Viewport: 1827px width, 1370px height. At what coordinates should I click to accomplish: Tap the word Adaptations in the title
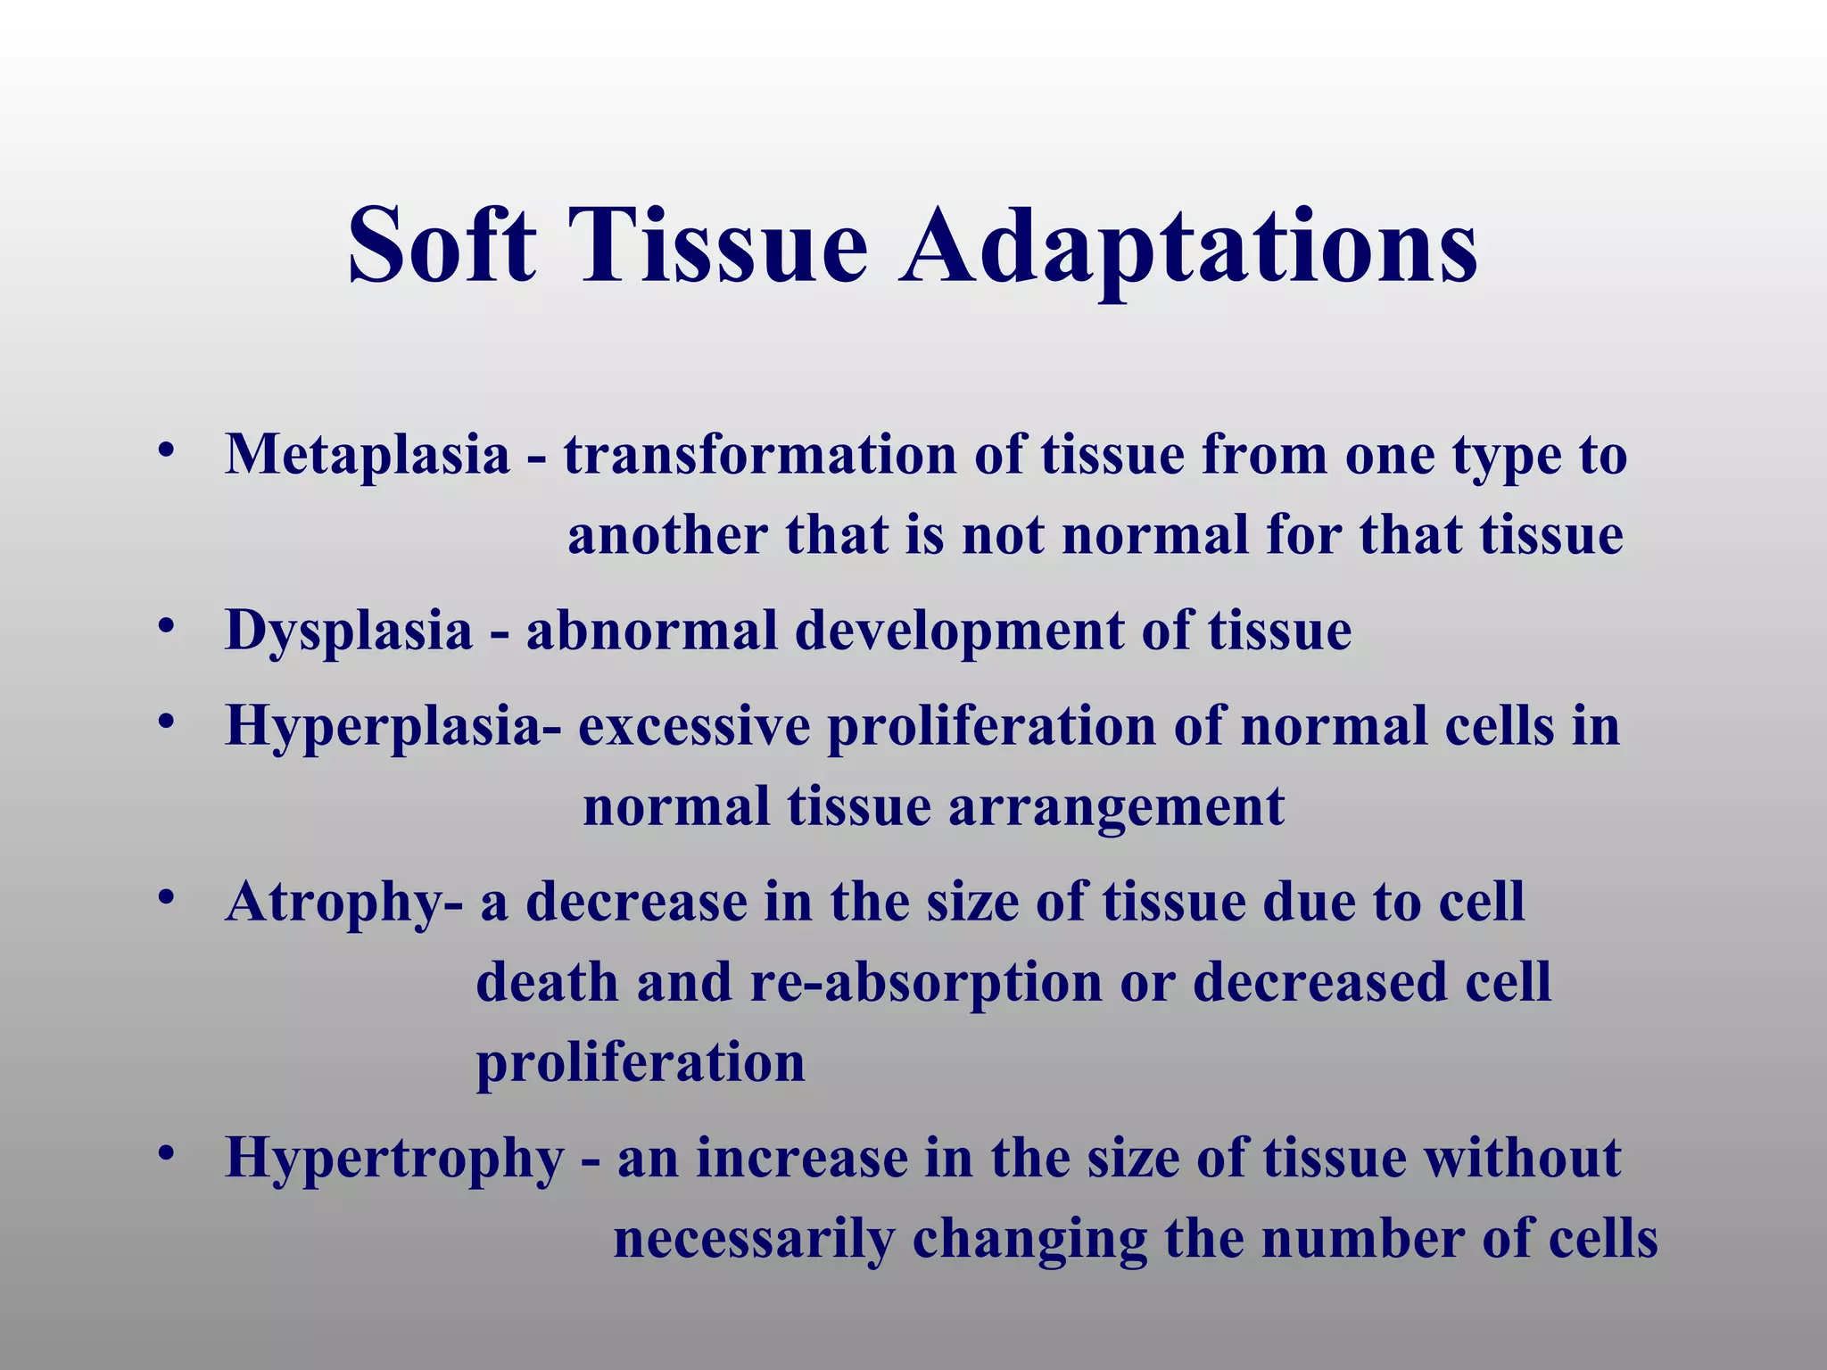click(1187, 244)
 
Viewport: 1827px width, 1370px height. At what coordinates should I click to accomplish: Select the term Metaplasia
click(367, 455)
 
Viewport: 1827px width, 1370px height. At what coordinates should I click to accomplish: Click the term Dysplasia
click(348, 631)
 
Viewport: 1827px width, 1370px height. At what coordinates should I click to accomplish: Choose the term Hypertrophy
click(394, 1159)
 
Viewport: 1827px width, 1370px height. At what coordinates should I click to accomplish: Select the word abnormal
click(651, 631)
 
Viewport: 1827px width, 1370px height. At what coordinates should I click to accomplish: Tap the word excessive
click(694, 726)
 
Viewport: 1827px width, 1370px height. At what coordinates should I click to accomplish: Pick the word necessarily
click(754, 1240)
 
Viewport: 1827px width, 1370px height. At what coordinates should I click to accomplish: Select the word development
click(960, 631)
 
